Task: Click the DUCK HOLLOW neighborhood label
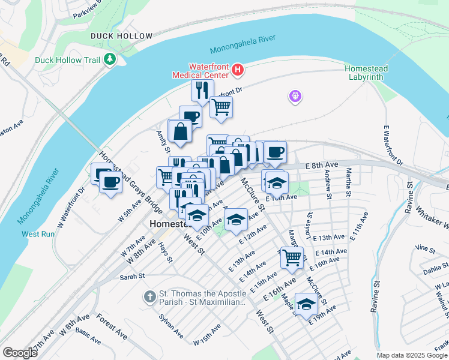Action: click(122, 36)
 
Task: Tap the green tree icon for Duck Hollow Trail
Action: click(110, 59)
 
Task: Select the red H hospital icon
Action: click(238, 71)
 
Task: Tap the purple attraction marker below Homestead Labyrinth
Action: click(295, 96)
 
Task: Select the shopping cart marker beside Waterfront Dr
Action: click(221, 107)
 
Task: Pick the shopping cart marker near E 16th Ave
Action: click(292, 257)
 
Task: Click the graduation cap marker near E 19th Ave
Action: click(306, 304)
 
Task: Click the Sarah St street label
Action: click(133, 277)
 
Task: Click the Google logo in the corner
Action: click(20, 353)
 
